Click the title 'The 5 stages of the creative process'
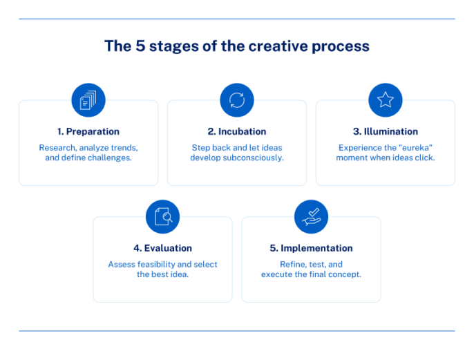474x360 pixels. (236, 46)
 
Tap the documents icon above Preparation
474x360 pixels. (88, 101)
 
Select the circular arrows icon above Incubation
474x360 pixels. (237, 101)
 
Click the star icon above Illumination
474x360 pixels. (386, 101)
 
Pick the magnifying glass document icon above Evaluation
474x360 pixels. (163, 217)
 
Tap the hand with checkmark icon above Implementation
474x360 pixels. (311, 217)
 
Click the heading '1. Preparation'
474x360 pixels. (88, 131)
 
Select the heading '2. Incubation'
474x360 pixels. (237, 131)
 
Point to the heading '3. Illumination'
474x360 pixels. (386, 131)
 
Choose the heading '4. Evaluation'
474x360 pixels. (163, 248)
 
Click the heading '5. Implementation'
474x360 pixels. (311, 248)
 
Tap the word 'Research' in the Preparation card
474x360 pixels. (57, 148)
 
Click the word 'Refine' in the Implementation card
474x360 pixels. (292, 265)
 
